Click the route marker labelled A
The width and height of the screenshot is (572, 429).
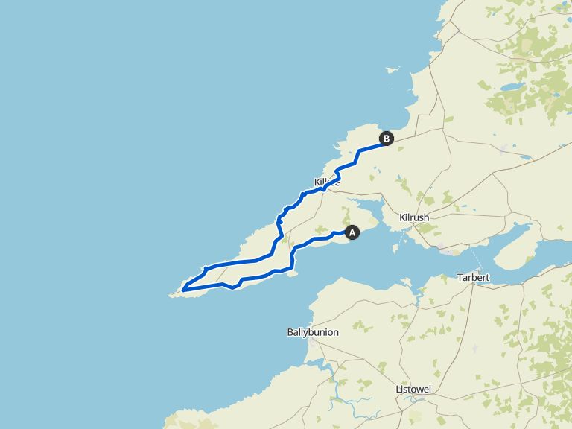[x=352, y=232]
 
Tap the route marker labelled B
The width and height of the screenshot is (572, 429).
[x=386, y=138]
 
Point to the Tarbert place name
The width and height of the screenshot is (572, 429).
[x=473, y=278]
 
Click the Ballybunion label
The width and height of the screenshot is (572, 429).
[x=312, y=332]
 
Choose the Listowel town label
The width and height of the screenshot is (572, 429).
[x=415, y=390]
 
